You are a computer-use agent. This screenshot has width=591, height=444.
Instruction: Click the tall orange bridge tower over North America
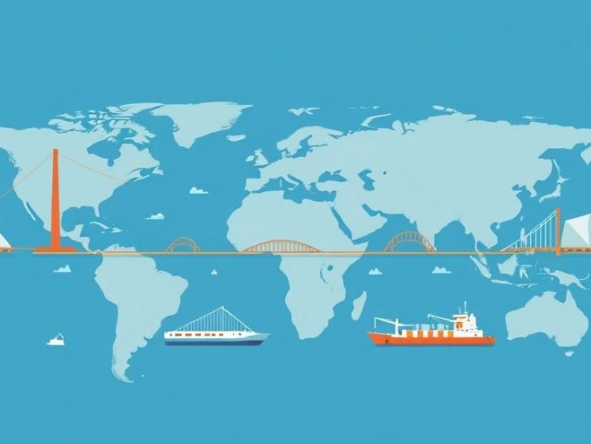pyautogui.click(x=55, y=199)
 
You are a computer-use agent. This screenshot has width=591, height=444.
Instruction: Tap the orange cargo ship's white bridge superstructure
pyautogui.click(x=461, y=322)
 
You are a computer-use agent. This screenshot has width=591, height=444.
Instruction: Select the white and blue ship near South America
pyautogui.click(x=216, y=336)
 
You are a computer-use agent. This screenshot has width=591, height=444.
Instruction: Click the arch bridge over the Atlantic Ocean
pyautogui.click(x=182, y=244)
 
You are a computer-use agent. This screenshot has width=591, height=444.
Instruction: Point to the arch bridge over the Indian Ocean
pyautogui.click(x=409, y=242)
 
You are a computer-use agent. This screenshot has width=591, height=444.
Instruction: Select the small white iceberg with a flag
pyautogui.click(x=57, y=339)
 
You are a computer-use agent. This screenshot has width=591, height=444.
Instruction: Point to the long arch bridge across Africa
pyautogui.click(x=281, y=246)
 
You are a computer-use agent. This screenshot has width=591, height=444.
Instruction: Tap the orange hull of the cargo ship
pyautogui.click(x=431, y=338)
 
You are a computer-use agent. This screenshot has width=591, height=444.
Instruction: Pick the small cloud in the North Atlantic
pyautogui.click(x=198, y=190)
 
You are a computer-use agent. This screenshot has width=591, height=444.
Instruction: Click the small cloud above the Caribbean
pyautogui.click(x=155, y=217)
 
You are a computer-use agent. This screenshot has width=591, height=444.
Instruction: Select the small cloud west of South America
pyautogui.click(x=62, y=269)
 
